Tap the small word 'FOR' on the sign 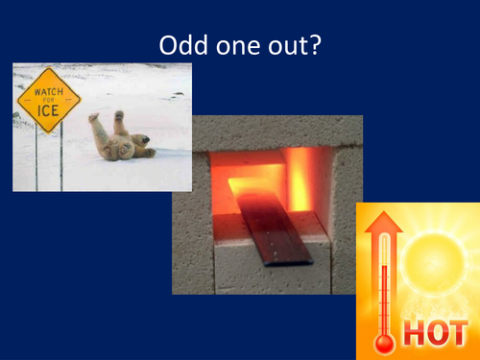pos(48,103)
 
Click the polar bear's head pos(142,141)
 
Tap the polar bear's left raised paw pos(94,119)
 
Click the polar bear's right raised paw pos(120,116)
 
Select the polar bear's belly pos(121,144)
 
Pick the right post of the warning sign pos(61,158)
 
